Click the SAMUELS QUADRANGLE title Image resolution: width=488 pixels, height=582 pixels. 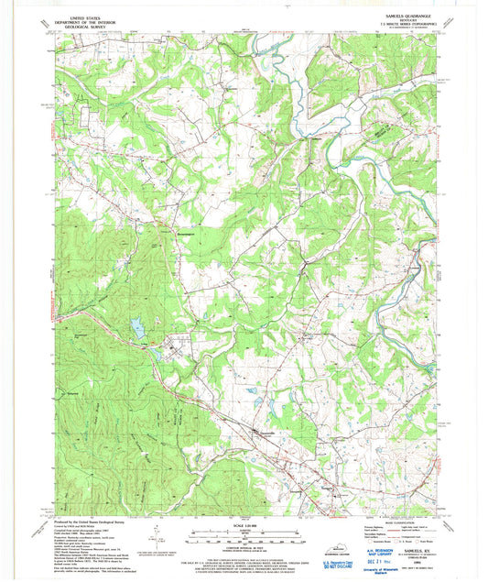(404, 16)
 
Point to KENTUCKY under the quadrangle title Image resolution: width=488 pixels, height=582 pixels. (404, 21)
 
